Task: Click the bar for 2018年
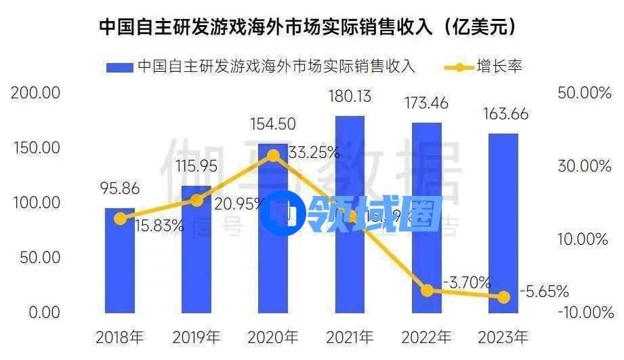click(x=120, y=260)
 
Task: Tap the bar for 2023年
click(x=503, y=223)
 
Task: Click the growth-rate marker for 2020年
click(x=273, y=156)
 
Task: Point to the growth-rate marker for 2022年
click(x=427, y=290)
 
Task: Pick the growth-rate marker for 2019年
click(x=196, y=200)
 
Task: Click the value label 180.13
click(x=349, y=97)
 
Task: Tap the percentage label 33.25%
click(x=313, y=153)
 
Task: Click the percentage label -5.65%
click(x=544, y=292)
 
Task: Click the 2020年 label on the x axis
click(x=273, y=336)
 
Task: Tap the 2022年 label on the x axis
click(x=427, y=336)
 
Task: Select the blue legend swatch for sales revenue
click(x=119, y=67)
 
